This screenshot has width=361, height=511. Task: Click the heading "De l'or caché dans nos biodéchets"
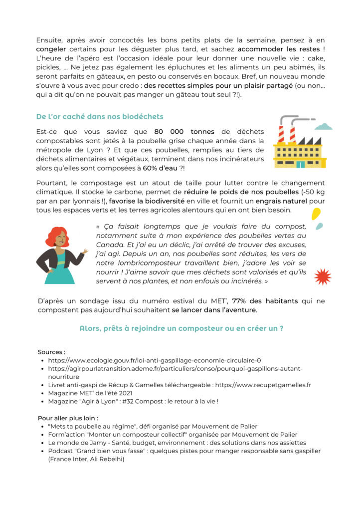[x=100, y=117]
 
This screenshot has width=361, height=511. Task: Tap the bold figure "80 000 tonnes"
[x=180, y=132]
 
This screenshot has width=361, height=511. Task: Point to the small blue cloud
[x=324, y=126]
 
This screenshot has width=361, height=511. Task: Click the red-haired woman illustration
[x=61, y=255]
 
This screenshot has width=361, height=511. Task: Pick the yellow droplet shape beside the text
[x=316, y=213]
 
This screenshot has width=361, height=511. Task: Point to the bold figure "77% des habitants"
[x=265, y=301]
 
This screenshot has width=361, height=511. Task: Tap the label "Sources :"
[x=51, y=352]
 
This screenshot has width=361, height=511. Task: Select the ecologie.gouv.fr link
[x=155, y=360]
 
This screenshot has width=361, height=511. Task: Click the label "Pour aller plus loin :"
[x=68, y=418]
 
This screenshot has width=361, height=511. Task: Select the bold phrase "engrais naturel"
[x=282, y=201]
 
